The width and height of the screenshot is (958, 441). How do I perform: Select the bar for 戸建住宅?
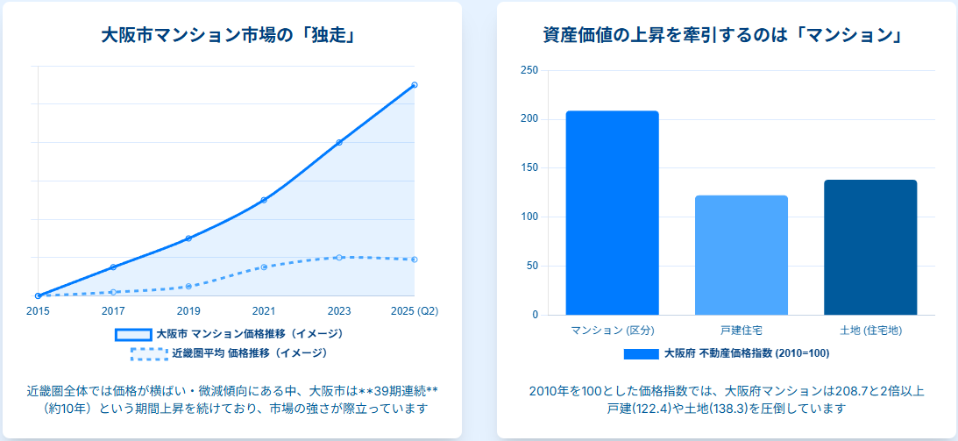(742, 255)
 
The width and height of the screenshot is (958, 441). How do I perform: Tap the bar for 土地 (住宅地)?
(870, 247)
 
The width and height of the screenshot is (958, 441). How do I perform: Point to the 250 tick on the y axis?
(529, 70)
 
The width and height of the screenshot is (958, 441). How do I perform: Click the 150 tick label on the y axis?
(529, 168)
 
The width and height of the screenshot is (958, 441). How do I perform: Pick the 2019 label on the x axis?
(188, 310)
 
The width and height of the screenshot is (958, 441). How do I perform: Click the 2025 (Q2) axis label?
(414, 310)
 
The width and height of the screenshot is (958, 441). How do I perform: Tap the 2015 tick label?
(38, 310)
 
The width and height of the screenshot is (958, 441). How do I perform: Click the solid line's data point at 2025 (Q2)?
(415, 85)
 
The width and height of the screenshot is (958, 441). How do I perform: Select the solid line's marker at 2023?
(339, 142)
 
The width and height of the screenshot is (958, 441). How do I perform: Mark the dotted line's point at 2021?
(264, 267)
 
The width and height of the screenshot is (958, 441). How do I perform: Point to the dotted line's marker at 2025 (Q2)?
(415, 260)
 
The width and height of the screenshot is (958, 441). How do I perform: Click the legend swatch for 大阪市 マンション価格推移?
(133, 334)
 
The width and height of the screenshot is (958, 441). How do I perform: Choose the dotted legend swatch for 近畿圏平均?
(149, 353)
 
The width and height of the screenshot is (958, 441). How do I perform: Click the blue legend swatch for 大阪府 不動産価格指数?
(641, 353)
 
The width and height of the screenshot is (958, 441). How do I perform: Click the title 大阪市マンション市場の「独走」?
(232, 36)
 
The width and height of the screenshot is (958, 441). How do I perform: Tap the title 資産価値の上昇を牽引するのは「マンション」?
(723, 36)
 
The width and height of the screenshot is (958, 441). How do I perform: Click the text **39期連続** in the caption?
(390, 390)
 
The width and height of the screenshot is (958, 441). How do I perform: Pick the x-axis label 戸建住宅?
(742, 330)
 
